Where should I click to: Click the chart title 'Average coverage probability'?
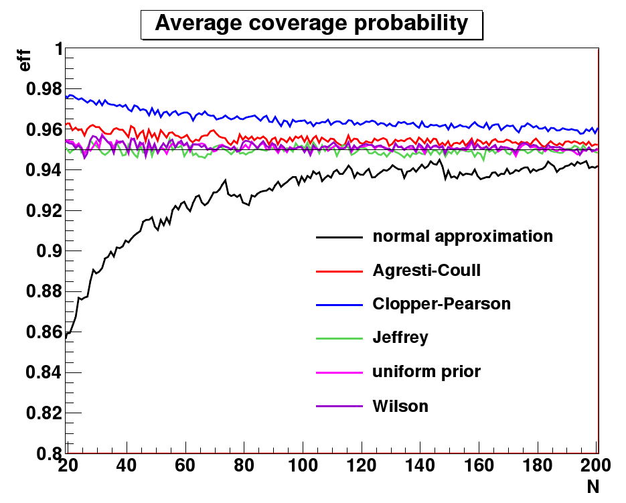click(x=311, y=23)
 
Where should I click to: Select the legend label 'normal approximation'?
click(x=463, y=236)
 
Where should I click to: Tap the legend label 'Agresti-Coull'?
click(x=426, y=271)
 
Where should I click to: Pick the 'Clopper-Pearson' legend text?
click(x=441, y=304)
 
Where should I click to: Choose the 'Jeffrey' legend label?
click(x=400, y=338)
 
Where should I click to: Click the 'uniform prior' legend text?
click(x=426, y=372)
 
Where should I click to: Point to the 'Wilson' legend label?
click(x=400, y=406)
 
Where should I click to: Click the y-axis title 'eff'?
click(x=25, y=61)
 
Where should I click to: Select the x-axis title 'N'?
click(x=593, y=487)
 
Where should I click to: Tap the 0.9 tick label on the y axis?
click(x=46, y=251)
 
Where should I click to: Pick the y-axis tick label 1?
click(x=58, y=49)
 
